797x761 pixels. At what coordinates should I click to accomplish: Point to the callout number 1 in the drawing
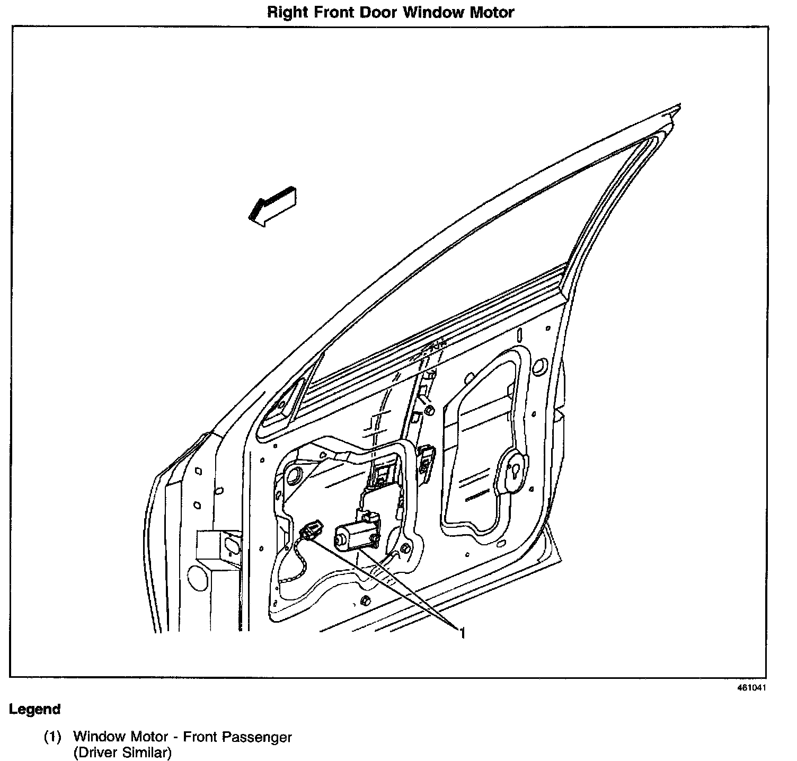[462, 632]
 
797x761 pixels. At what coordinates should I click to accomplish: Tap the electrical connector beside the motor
[311, 530]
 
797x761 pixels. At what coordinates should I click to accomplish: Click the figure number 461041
[751, 688]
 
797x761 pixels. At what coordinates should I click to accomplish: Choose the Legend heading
[34, 709]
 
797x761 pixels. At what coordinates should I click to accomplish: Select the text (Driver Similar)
[122, 752]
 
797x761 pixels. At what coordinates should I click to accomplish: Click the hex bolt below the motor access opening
[365, 600]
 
